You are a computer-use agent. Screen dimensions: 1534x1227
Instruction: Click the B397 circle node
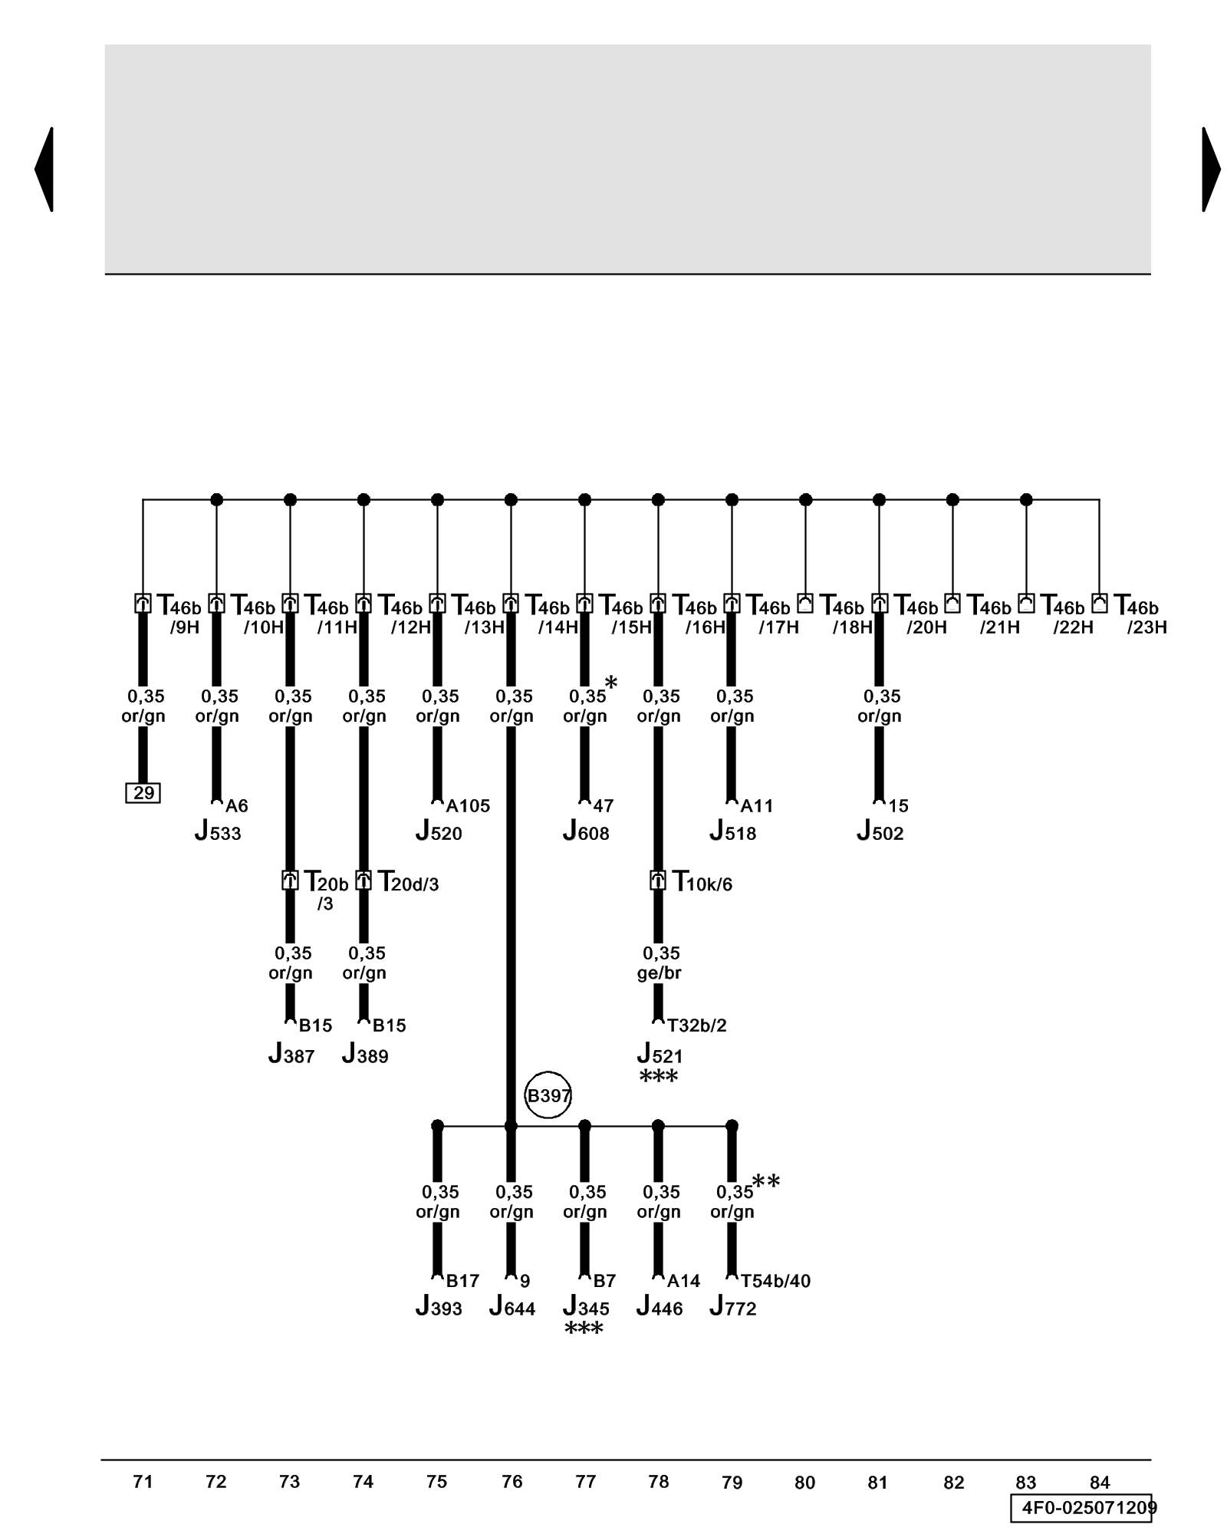(x=548, y=1095)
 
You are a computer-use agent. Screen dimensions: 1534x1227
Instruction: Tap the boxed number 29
(x=143, y=792)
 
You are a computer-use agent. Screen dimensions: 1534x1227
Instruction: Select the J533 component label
(x=218, y=831)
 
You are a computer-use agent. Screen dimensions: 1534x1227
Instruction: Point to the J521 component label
(x=660, y=1054)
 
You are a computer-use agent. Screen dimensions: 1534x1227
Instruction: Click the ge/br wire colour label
(x=659, y=973)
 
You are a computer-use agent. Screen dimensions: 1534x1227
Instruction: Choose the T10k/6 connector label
(x=702, y=882)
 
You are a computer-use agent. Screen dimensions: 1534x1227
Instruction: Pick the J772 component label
(x=733, y=1307)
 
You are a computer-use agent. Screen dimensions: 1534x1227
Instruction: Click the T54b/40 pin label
(x=775, y=1281)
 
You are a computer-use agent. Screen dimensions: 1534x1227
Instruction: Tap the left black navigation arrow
(x=44, y=169)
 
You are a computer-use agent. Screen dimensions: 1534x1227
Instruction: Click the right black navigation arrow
(x=1211, y=169)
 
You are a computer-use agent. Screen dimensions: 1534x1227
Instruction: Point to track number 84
(x=1099, y=1482)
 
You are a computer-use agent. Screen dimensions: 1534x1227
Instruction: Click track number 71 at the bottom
(x=143, y=1481)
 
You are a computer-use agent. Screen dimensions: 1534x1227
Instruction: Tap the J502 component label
(x=880, y=831)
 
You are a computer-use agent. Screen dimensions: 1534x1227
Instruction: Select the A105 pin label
(x=468, y=805)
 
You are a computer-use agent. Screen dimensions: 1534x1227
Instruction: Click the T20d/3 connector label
(x=408, y=882)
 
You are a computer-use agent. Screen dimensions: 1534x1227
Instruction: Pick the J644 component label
(x=512, y=1307)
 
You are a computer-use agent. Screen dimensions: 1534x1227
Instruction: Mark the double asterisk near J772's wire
(x=766, y=1182)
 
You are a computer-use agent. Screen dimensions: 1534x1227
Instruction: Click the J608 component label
(x=586, y=831)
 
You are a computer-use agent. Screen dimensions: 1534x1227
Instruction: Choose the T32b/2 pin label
(x=696, y=1025)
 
